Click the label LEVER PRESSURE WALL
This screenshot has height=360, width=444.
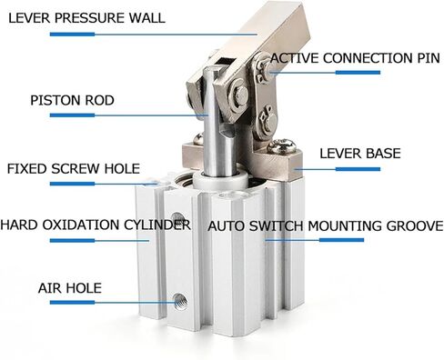tap(86, 18)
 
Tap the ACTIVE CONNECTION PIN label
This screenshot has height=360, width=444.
tap(355, 58)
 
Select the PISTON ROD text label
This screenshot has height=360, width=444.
tap(72, 100)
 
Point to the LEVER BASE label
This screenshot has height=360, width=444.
tap(360, 154)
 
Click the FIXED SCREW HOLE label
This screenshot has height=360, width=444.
tap(74, 168)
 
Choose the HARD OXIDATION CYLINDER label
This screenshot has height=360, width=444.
tap(96, 225)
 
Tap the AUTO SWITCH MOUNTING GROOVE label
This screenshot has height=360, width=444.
tap(326, 226)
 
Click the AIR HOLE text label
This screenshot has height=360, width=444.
tap(70, 288)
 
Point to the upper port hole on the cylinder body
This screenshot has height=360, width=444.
tap(177, 219)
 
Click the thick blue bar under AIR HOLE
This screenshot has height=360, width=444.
tap(72, 302)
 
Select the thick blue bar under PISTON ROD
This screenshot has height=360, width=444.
tap(72, 115)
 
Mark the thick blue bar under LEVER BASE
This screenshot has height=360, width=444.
tap(358, 169)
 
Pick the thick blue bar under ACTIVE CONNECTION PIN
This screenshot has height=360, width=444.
tap(358, 73)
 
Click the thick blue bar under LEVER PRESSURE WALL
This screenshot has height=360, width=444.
tap(72, 35)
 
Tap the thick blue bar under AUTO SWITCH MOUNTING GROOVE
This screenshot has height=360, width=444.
tap(341, 240)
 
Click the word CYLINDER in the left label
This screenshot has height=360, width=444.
tap(157, 225)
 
